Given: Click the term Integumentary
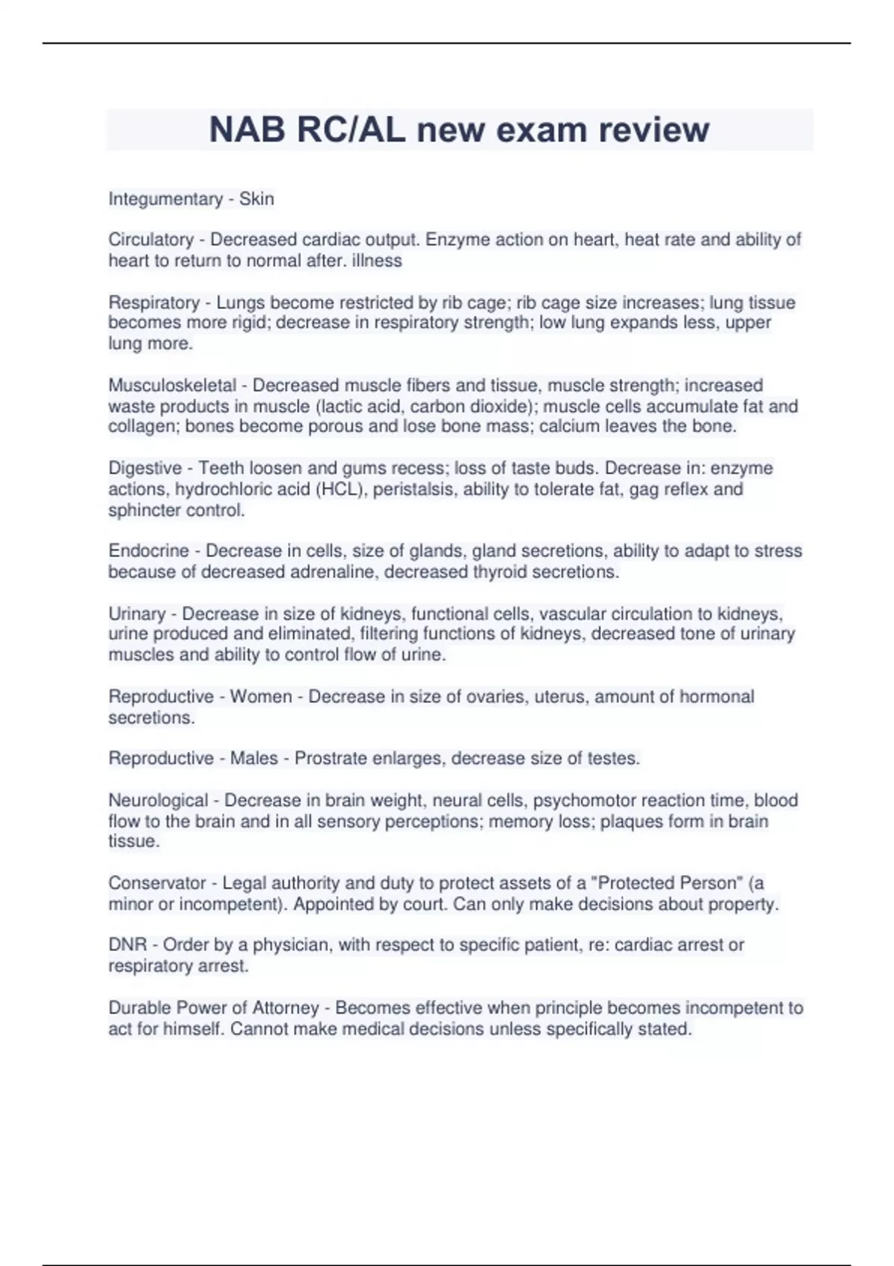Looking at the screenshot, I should tap(165, 199).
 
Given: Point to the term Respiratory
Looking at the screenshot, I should tap(153, 302).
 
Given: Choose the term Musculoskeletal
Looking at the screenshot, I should tap(172, 385).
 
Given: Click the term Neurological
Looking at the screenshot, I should tap(158, 801).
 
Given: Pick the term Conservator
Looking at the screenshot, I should tap(156, 883).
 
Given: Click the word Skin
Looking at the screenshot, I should tap(256, 199).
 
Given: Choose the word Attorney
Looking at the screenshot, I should tap(285, 1008).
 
